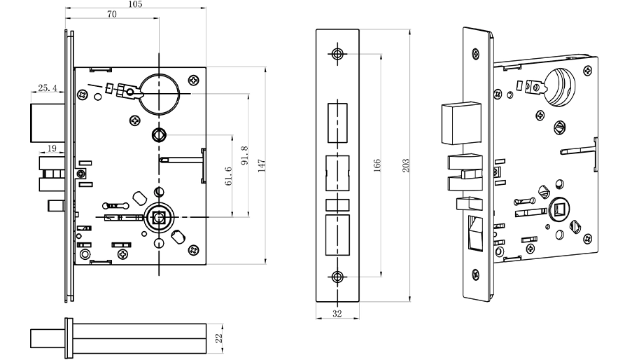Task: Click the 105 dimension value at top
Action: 136,5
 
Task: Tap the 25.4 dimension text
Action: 47,88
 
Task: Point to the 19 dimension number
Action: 52,148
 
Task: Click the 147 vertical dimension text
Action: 261,166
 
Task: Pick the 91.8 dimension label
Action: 244,156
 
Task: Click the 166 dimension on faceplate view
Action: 377,165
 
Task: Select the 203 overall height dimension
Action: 405,165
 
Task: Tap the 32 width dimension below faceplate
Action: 337,314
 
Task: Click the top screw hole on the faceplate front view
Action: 337,54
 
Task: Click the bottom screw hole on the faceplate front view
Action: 337,276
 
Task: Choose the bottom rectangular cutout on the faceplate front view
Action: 337,234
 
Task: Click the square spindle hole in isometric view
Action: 559,209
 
